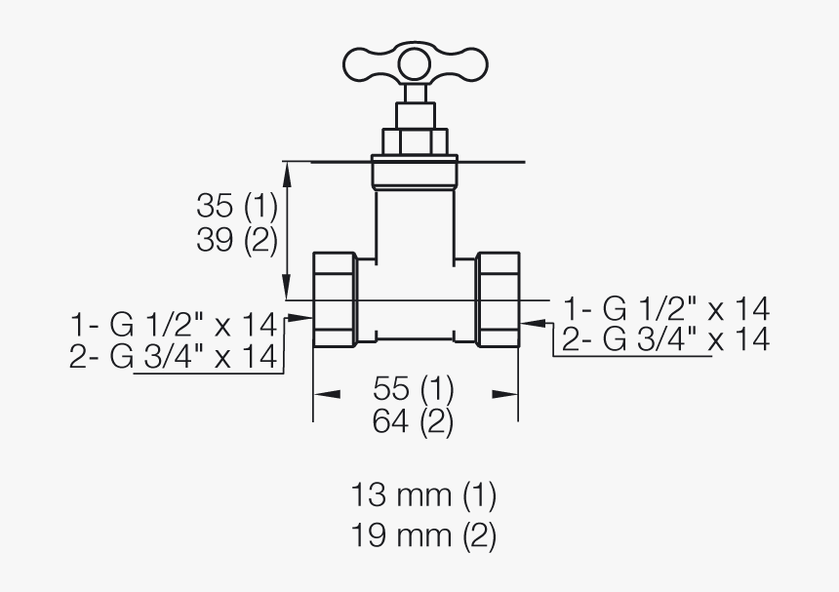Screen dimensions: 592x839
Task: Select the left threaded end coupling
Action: click(335, 299)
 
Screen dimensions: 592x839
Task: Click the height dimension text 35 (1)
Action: click(237, 206)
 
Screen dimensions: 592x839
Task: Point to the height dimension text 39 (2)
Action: click(237, 240)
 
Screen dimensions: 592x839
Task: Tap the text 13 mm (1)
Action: click(423, 495)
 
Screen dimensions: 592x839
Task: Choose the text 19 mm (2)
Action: click(423, 535)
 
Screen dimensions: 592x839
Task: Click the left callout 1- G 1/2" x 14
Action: click(174, 323)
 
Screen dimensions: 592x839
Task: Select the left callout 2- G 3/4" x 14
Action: click(174, 357)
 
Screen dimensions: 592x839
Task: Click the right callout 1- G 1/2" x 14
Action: click(666, 309)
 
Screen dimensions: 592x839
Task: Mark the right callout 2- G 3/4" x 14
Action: click(666, 339)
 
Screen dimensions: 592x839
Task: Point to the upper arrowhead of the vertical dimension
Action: click(287, 172)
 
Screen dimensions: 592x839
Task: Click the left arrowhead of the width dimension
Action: click(326, 394)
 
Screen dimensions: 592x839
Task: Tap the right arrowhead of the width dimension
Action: click(504, 394)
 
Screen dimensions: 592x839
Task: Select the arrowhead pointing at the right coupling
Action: click(534, 317)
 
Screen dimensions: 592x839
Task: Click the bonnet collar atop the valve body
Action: click(415, 173)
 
